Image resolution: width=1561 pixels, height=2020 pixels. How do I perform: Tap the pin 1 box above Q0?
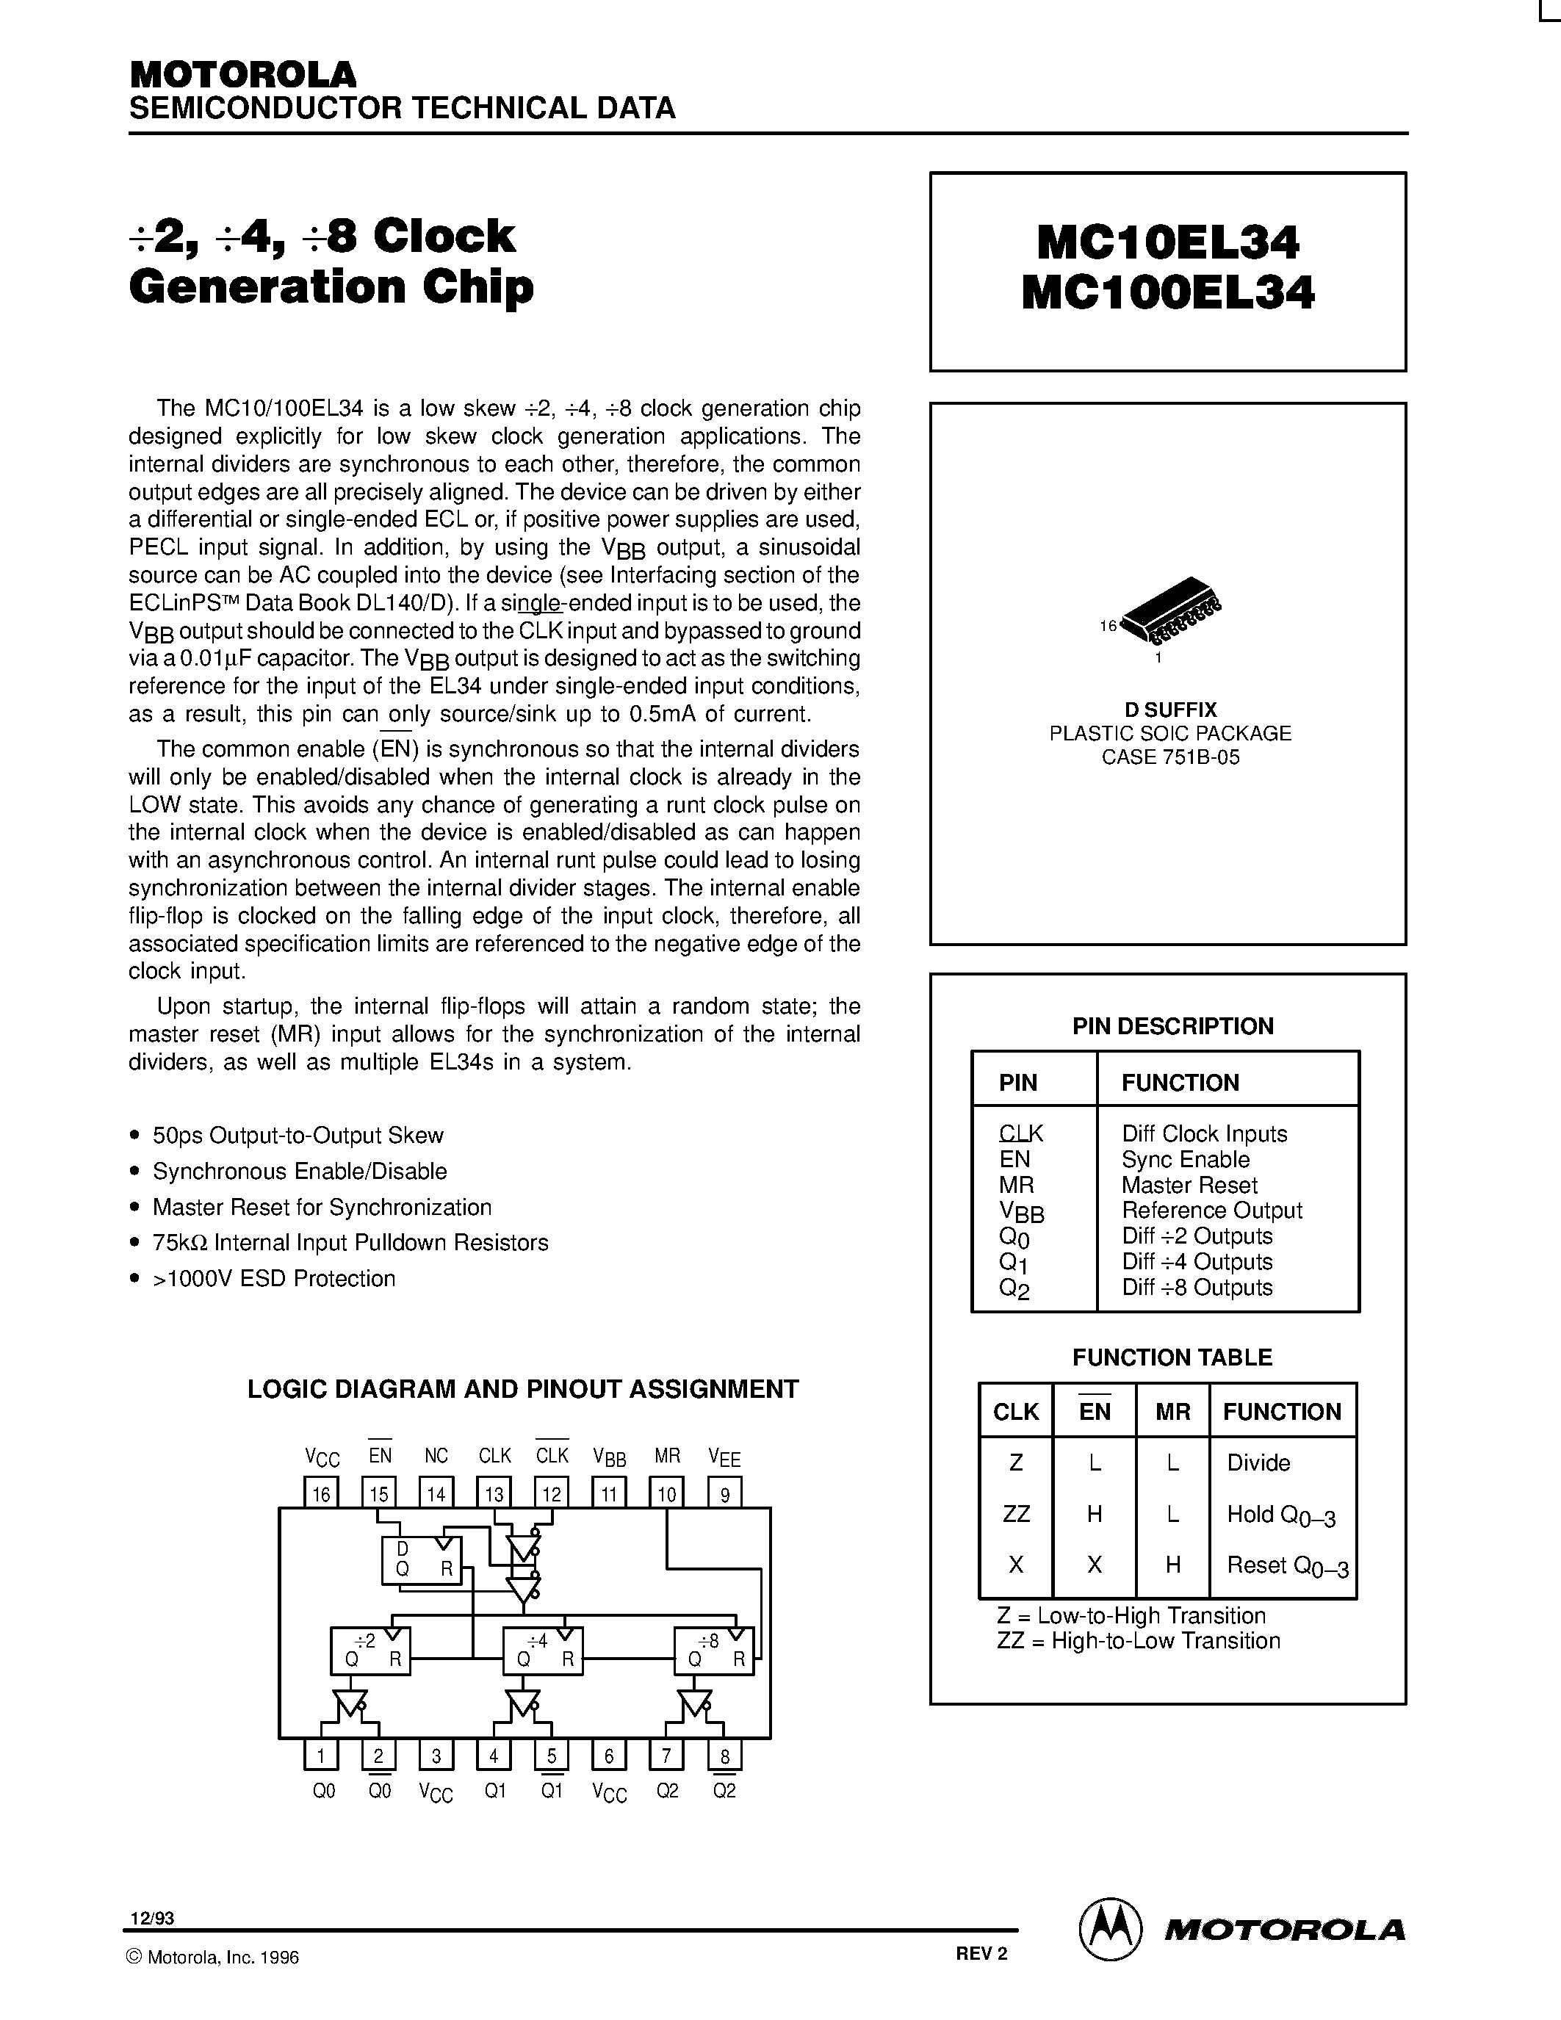(321, 1756)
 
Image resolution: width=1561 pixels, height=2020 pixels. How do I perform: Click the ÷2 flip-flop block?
(371, 1650)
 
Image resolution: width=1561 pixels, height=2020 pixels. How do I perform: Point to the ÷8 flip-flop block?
(713, 1650)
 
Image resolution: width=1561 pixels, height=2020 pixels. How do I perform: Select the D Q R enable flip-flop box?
(422, 1560)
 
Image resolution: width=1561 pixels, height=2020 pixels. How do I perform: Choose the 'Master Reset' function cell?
(1189, 1185)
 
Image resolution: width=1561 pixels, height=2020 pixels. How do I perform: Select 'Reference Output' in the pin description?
(1211, 1211)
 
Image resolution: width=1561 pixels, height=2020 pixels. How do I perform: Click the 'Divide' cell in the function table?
(1258, 1462)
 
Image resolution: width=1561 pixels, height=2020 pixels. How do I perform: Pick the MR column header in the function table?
(1172, 1411)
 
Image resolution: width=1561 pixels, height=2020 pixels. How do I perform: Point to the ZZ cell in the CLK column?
(1015, 1514)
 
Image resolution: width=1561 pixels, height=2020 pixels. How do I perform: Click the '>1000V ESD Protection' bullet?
(274, 1278)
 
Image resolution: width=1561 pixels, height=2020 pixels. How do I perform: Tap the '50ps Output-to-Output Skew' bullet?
(298, 1135)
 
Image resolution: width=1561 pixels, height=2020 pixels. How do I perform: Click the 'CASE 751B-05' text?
(1169, 757)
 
